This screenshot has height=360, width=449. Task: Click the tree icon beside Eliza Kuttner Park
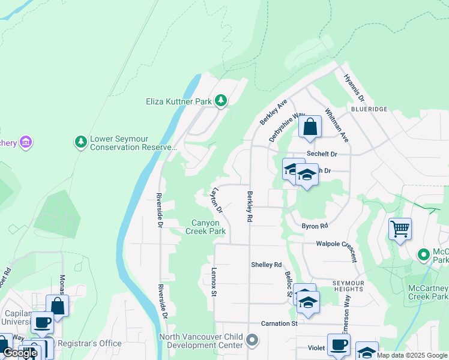[x=221, y=101]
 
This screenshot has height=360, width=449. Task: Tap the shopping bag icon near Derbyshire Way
[x=310, y=127]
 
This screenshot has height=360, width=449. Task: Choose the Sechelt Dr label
[x=322, y=154]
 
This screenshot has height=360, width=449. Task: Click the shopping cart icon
[x=400, y=229]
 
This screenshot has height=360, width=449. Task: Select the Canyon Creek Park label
[x=205, y=227]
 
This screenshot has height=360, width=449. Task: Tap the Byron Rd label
[x=315, y=226]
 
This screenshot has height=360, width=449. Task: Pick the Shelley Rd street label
[x=266, y=265]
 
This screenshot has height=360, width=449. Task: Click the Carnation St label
[x=279, y=323]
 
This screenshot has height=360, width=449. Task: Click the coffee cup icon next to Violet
[x=339, y=345]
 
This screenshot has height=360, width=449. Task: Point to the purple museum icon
[x=26, y=142]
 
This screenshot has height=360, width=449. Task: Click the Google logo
[x=20, y=353]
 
